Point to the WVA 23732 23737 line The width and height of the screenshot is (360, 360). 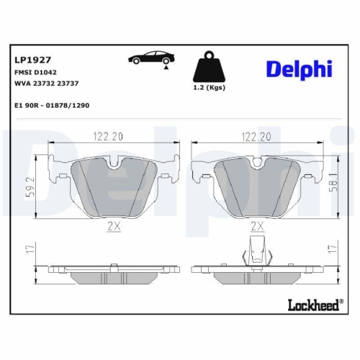coord(47,84)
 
